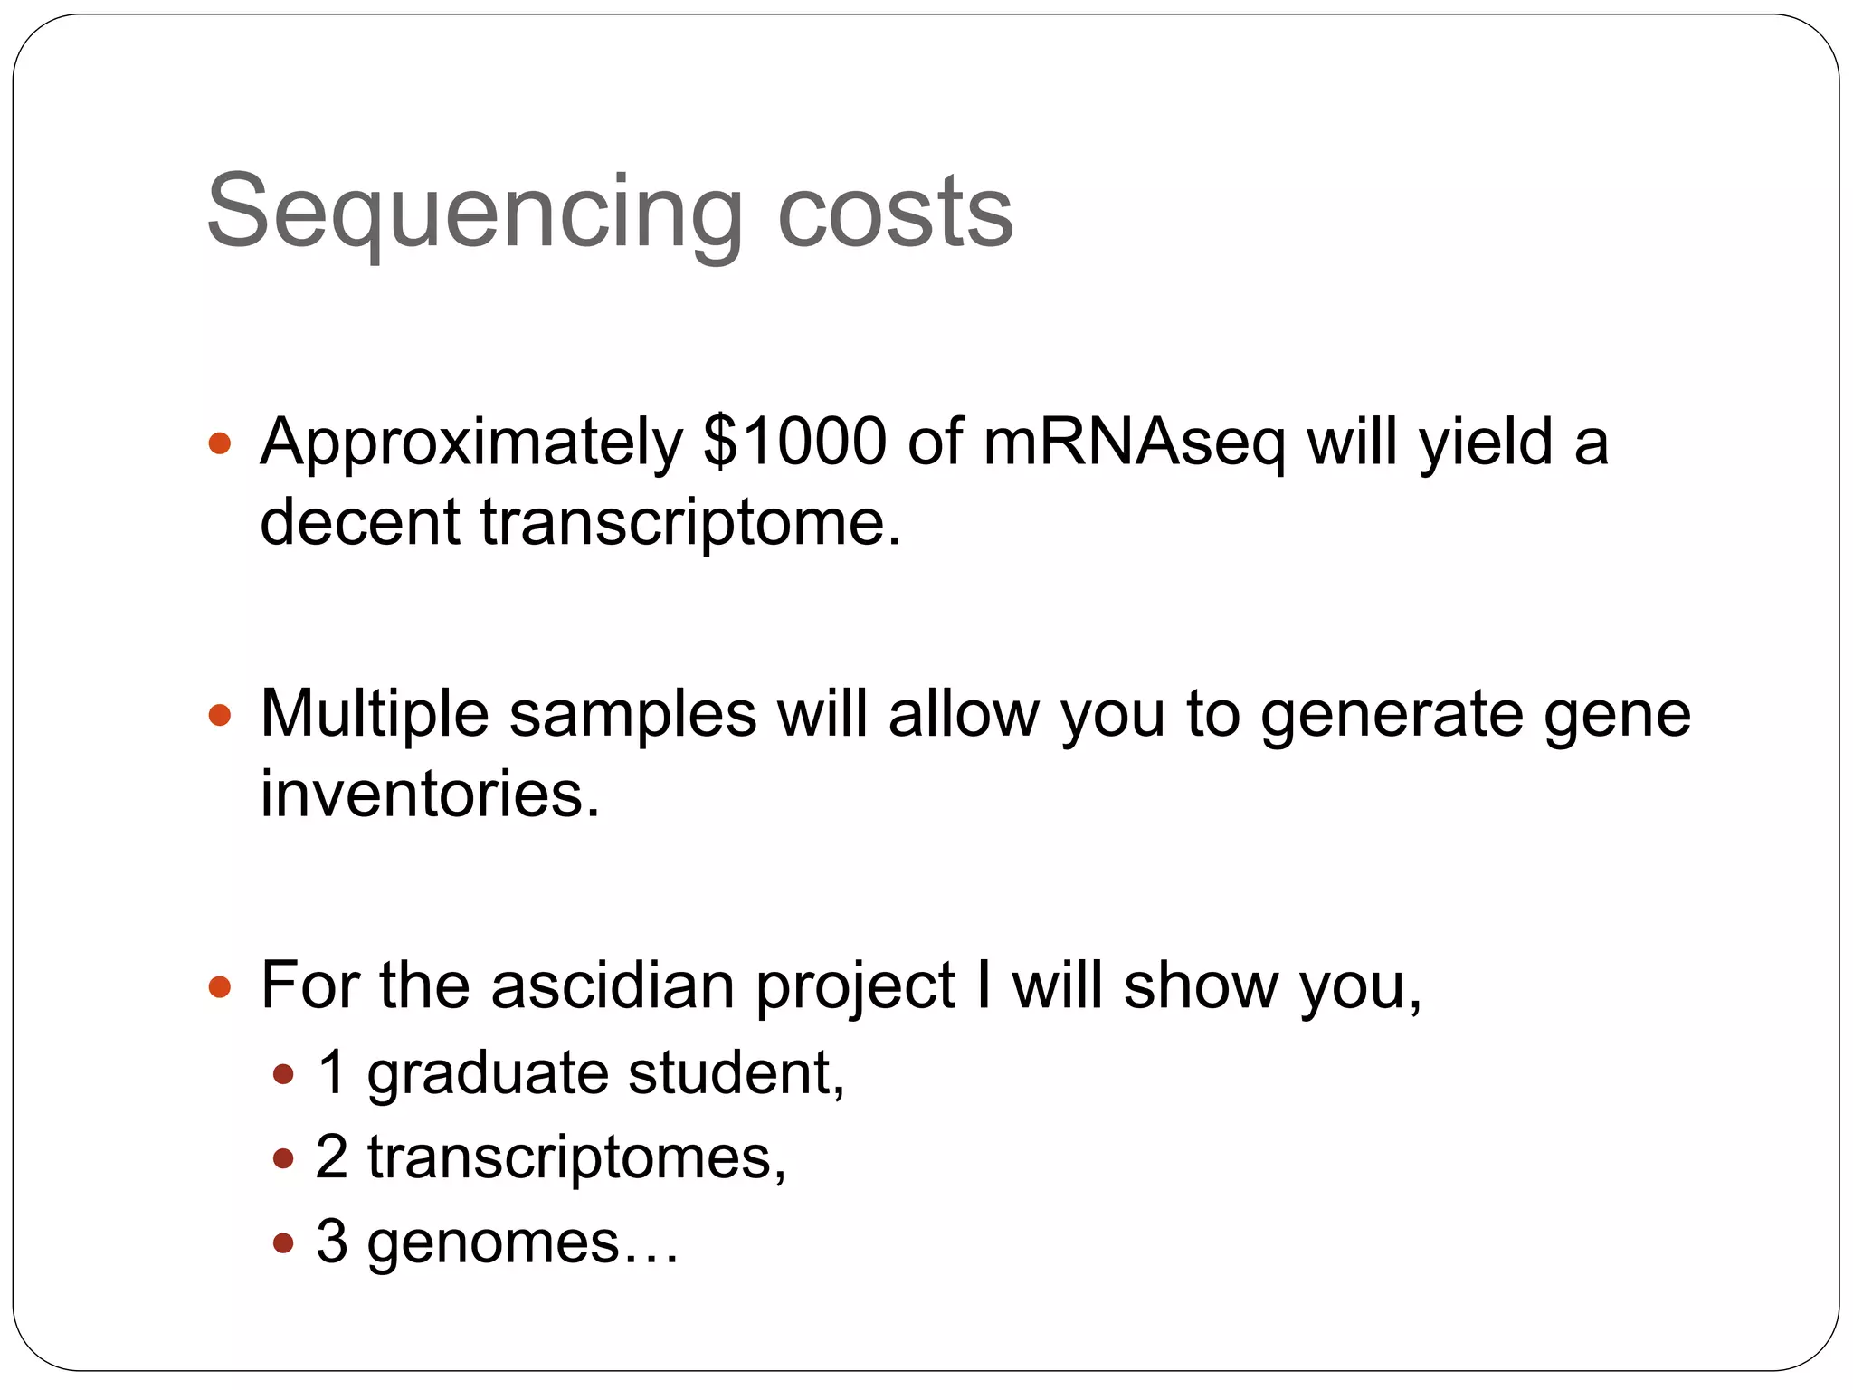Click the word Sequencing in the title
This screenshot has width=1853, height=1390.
474,214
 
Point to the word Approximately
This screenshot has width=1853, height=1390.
470,443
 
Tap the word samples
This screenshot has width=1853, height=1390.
632,716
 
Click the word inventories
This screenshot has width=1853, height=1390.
430,794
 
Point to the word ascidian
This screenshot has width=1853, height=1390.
612,985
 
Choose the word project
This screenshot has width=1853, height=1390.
855,987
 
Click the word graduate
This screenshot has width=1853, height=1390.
488,1074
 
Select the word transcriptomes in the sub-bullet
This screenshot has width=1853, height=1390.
575,1157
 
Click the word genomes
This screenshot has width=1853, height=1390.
493,1242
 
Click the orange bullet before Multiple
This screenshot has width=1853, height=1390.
220,716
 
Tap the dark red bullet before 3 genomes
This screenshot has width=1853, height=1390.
283,1242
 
